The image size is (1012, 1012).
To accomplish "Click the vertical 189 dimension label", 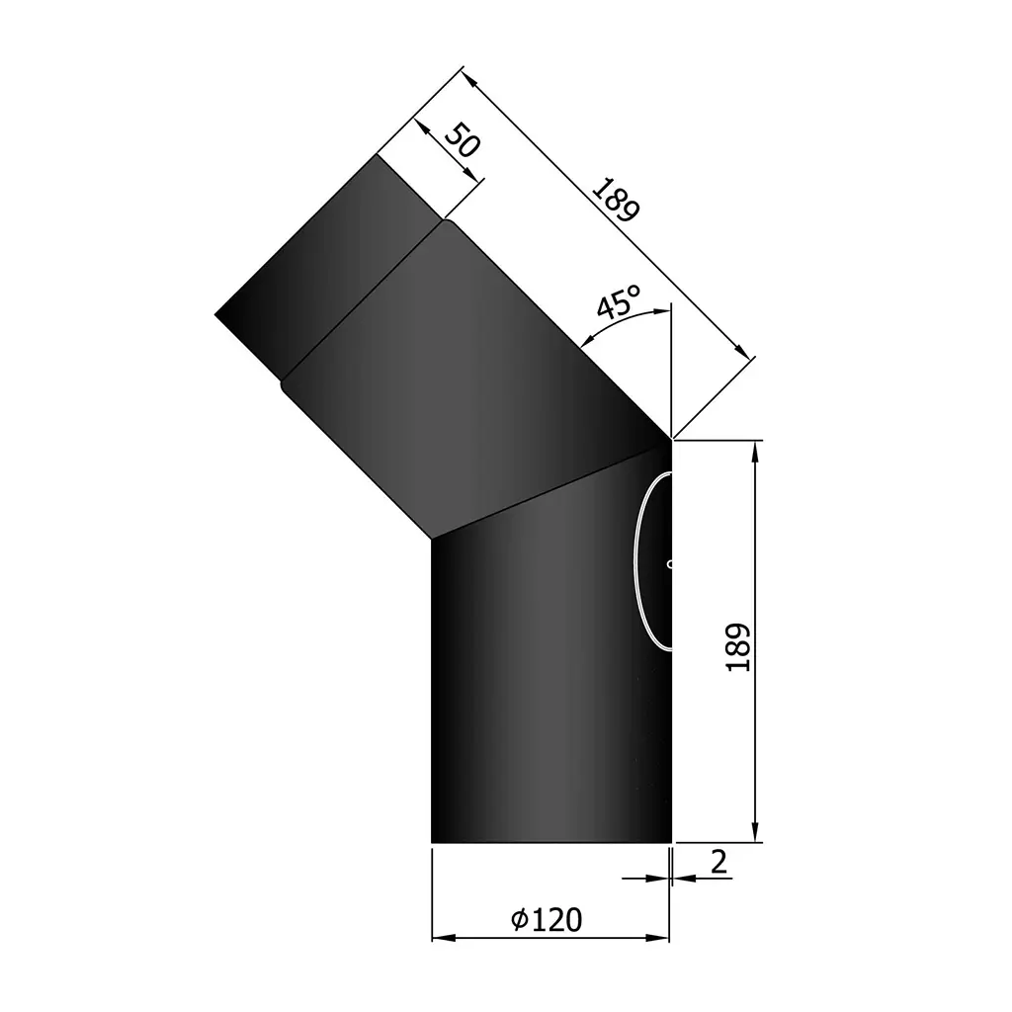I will click(x=737, y=647).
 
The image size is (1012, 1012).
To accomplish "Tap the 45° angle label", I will click(x=620, y=302).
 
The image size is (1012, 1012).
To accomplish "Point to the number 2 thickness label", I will click(x=718, y=861).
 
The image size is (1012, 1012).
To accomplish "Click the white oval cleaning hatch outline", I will click(x=636, y=563).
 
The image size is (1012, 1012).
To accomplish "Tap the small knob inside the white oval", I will click(x=669, y=565).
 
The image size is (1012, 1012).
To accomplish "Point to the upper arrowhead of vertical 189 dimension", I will click(x=755, y=451).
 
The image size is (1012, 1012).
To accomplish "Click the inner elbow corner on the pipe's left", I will click(x=432, y=538).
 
